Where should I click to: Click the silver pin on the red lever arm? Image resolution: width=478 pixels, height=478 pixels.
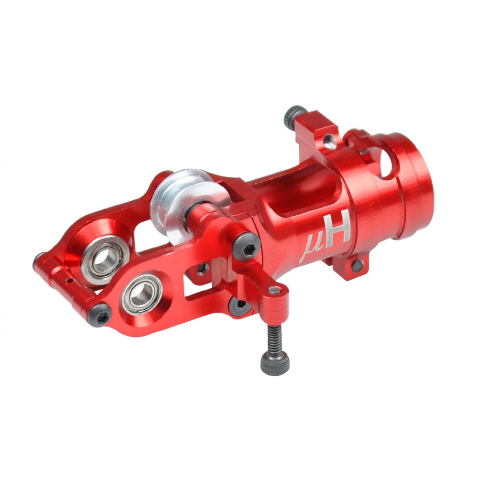pyautogui.click(x=274, y=290)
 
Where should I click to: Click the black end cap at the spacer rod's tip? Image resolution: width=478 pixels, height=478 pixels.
pyautogui.click(x=39, y=261)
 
